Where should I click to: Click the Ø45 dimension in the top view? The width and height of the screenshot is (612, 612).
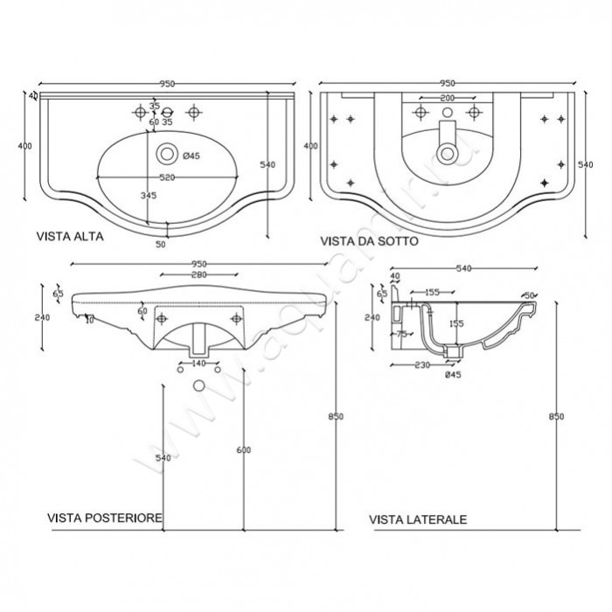click(x=191, y=156)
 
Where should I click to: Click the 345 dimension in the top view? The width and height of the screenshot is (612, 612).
click(x=149, y=197)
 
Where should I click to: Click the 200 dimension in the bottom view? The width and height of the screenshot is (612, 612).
click(x=447, y=98)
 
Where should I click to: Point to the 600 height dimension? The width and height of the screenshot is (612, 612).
click(x=244, y=449)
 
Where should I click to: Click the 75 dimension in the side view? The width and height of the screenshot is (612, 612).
click(x=405, y=333)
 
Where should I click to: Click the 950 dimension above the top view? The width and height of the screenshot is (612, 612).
click(x=166, y=83)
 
